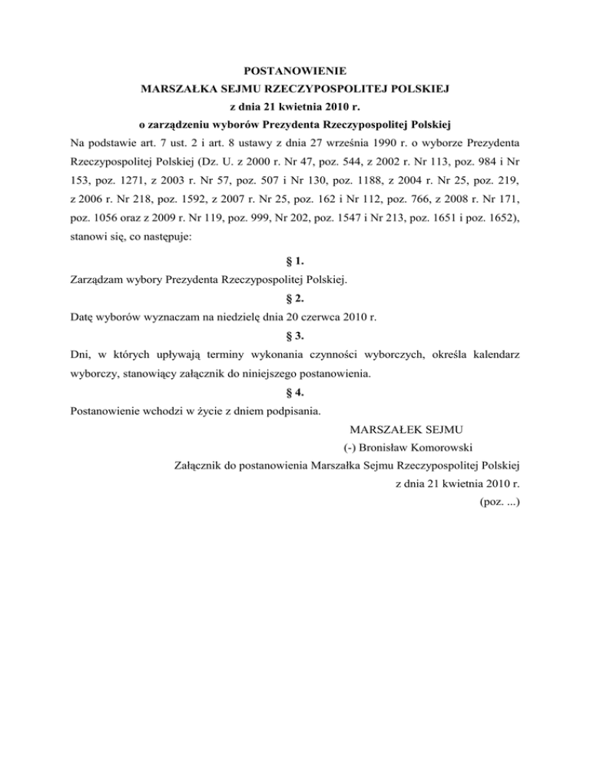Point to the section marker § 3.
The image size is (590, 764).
[296, 334]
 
